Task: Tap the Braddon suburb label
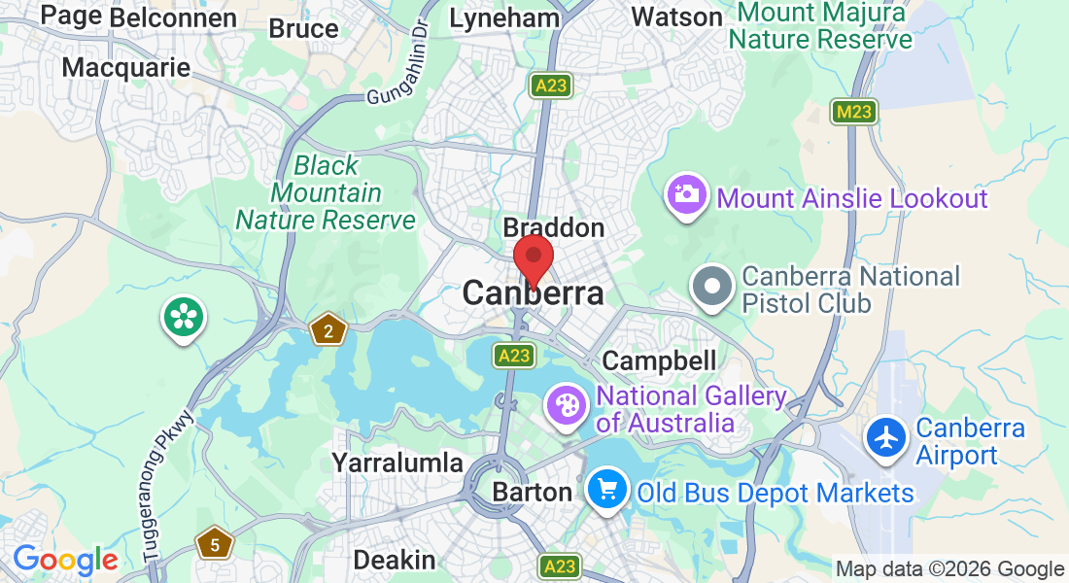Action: click(x=553, y=228)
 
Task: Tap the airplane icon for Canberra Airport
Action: click(x=886, y=439)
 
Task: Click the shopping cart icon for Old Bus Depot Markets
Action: click(x=608, y=491)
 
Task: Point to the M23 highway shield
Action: click(x=854, y=112)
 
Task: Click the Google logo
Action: click(x=64, y=560)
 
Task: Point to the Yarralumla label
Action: click(x=397, y=463)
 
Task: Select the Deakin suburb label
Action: click(x=394, y=560)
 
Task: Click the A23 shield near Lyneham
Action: click(x=550, y=86)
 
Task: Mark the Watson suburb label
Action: click(x=676, y=17)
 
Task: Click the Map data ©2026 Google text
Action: click(x=949, y=569)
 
